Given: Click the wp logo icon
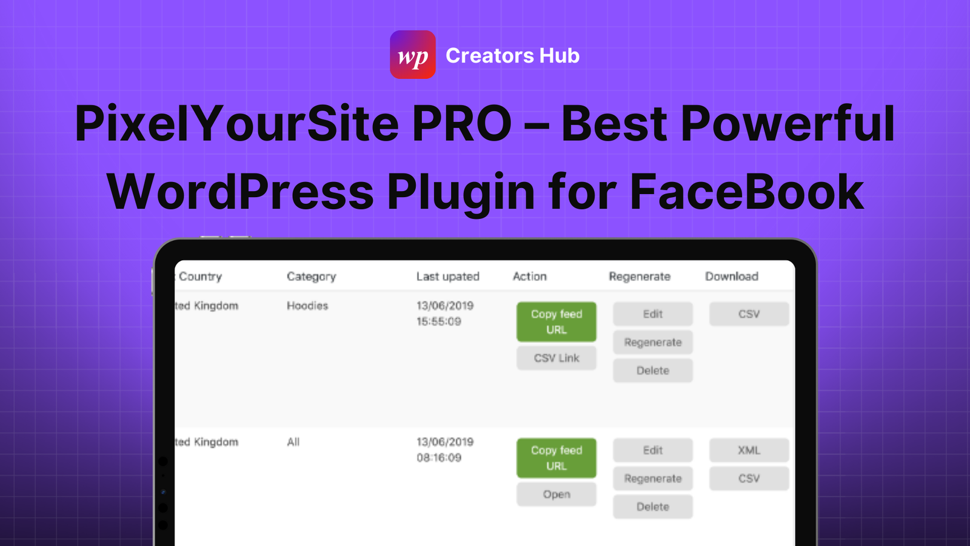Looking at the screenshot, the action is pyautogui.click(x=413, y=55).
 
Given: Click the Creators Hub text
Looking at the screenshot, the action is pyautogui.click(x=512, y=55).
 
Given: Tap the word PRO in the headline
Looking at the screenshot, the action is pyautogui.click(x=462, y=124).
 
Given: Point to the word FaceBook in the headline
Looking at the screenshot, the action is pyautogui.click(x=747, y=192).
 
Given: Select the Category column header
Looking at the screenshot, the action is pyautogui.click(x=312, y=277).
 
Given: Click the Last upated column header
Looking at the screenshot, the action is pyautogui.click(x=448, y=277).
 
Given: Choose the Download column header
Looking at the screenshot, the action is pyautogui.click(x=731, y=277).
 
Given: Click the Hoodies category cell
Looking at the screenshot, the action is pyautogui.click(x=307, y=306).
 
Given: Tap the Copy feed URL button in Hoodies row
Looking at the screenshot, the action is pyautogui.click(x=557, y=322).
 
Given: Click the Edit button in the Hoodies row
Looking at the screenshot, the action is pyautogui.click(x=652, y=314).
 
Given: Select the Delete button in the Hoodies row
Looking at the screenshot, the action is pyautogui.click(x=652, y=371).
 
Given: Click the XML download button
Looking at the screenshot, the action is pyautogui.click(x=749, y=450).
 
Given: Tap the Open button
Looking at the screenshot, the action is pyautogui.click(x=557, y=494).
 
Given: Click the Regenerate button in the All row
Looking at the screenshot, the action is pyautogui.click(x=652, y=479).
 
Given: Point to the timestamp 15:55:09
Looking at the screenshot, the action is pyautogui.click(x=439, y=322).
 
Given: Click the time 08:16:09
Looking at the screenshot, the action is pyautogui.click(x=439, y=457).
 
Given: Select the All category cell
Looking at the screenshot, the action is pyautogui.click(x=293, y=442).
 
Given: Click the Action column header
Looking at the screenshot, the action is pyautogui.click(x=530, y=277).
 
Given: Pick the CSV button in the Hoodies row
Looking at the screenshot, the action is pyautogui.click(x=749, y=314).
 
